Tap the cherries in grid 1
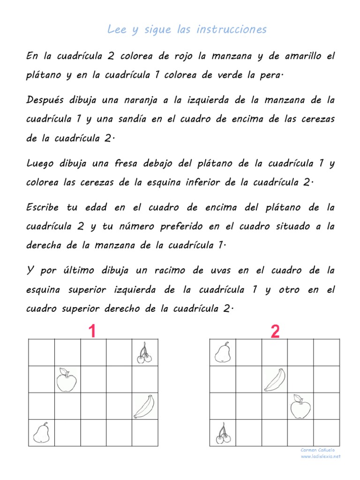click(x=144, y=352)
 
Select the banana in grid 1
click(x=144, y=406)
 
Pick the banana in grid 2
click(x=274, y=379)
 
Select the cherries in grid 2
click(x=223, y=433)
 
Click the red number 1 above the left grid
click(x=92, y=332)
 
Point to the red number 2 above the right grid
click(x=275, y=332)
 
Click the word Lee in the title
click(x=117, y=30)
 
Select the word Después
click(x=45, y=100)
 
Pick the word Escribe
click(x=45, y=207)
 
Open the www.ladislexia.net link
click(x=321, y=456)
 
